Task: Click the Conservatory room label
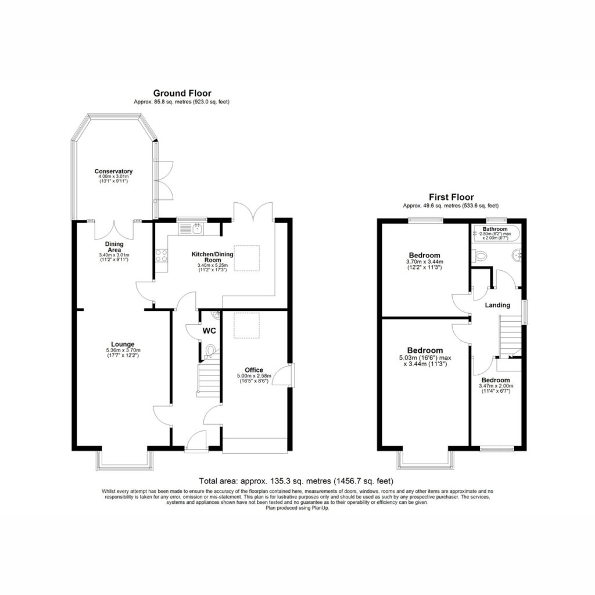coord(113,171)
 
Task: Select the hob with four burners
coord(162,255)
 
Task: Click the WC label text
coord(209,331)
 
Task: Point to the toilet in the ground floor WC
coord(210,350)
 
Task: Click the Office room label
coord(254,370)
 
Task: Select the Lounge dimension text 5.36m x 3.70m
coord(123,350)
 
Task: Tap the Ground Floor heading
coord(182,93)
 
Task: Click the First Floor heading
coord(451,197)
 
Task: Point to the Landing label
coord(497,304)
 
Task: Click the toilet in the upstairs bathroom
coord(479,256)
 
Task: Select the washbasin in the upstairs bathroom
coord(517,256)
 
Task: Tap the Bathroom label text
coord(495,229)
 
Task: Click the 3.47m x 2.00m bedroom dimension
coord(496,386)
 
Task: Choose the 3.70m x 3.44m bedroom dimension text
coord(425,262)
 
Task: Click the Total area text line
coord(296,481)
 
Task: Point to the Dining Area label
coord(114,247)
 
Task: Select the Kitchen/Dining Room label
coord(213,257)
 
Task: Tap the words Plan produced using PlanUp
coord(297,508)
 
